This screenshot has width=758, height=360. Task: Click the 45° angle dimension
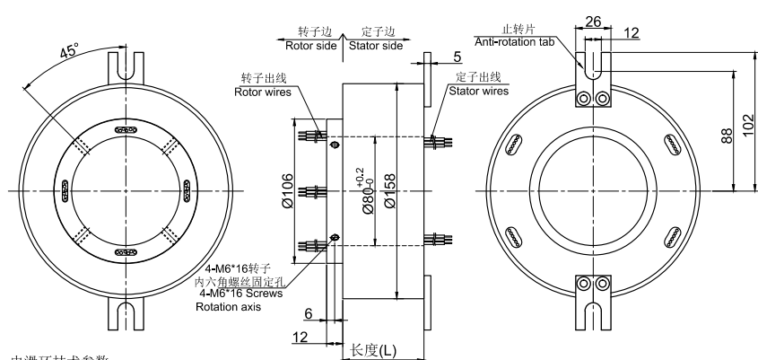coord(67,52)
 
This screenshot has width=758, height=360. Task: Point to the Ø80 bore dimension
coord(364,190)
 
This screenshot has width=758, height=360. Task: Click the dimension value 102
coord(748,119)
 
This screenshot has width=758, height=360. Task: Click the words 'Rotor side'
coord(311,44)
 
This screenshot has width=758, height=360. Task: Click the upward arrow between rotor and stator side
coord(342,50)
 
